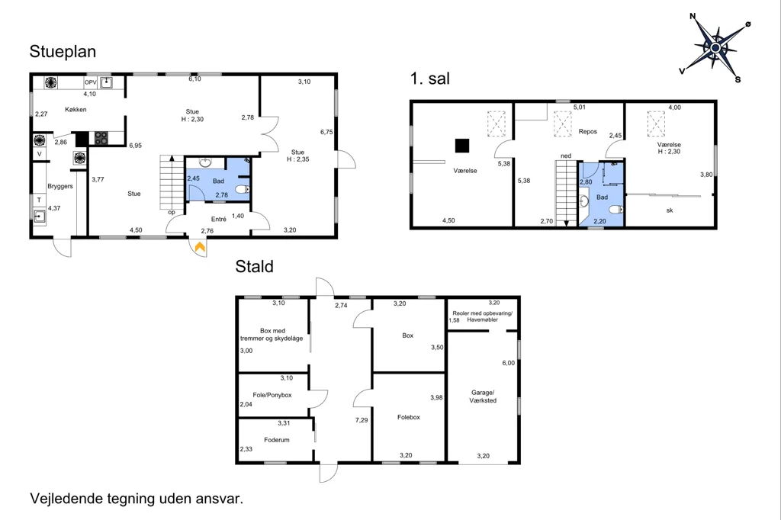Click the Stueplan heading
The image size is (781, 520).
coord(63,52)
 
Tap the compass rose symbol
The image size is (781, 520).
coord(715,48)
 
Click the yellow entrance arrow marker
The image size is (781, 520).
coord(200,247)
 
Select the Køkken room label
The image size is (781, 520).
coord(76,110)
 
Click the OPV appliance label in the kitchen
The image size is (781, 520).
coord(90,82)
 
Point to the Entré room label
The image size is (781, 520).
coord(219,219)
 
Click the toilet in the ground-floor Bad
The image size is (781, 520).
coord(242,189)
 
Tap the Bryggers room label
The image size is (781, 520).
coord(60,186)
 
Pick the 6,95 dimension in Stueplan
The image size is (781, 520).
coord(136,146)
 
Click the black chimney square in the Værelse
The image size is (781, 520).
coord(462,146)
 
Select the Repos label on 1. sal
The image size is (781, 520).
coord(588,131)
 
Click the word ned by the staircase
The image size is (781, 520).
coord(566,156)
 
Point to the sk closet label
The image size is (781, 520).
coord(670,210)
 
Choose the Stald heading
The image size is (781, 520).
coord(255,266)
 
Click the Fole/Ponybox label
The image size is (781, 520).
coord(272,395)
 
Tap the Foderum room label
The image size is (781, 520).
coord(276,440)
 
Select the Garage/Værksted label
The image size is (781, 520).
coord(483,396)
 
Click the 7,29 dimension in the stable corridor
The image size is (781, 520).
coord(362,420)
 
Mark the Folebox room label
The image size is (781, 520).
coord(409,417)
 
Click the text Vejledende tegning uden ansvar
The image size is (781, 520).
coord(137,499)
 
